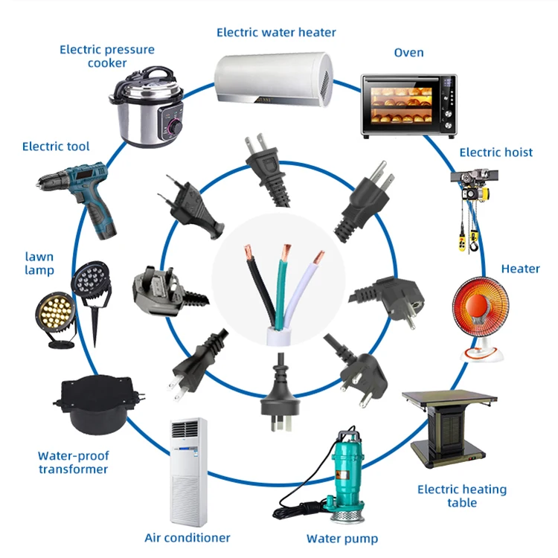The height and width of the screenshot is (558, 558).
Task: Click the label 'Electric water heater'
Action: tap(276, 33)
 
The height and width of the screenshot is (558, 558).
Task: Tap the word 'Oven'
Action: tap(408, 53)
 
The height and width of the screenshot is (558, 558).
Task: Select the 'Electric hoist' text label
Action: tap(496, 153)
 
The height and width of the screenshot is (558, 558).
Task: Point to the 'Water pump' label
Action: tap(342, 539)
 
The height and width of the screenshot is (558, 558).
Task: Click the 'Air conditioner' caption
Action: tap(187, 537)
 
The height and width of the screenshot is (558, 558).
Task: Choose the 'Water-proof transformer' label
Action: tap(74, 462)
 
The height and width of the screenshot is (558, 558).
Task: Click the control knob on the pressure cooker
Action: tap(176, 126)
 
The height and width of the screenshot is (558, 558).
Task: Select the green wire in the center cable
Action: tap(281, 285)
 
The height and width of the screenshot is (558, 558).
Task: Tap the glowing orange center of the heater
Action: tap(477, 305)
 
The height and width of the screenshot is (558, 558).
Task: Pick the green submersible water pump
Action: tap(341, 477)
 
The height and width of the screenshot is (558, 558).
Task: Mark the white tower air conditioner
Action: tap(188, 472)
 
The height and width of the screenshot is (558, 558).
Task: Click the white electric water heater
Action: tap(274, 79)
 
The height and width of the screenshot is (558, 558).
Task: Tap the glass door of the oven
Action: tap(401, 106)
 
